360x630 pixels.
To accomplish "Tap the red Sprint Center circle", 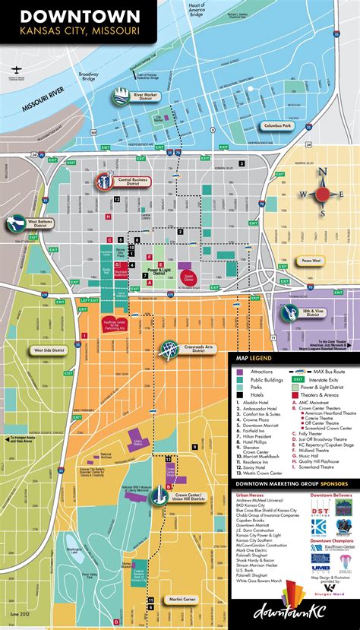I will [189, 277].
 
